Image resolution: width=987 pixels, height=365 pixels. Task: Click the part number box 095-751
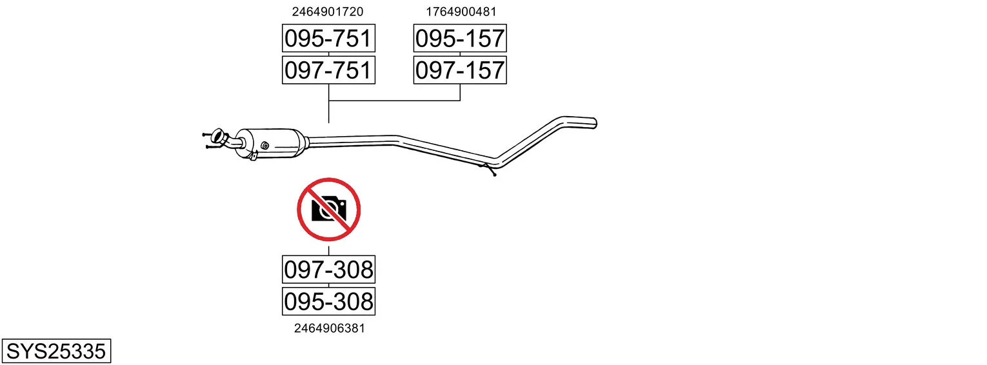point(328,38)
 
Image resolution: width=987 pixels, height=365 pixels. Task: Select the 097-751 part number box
point(328,70)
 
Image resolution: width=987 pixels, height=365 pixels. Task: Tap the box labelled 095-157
point(460,38)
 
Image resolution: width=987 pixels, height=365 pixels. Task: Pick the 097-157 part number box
point(460,70)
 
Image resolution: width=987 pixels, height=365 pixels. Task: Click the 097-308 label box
point(328,270)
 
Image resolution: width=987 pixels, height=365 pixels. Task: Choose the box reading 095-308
point(328,302)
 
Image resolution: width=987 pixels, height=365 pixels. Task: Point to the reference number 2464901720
point(327,12)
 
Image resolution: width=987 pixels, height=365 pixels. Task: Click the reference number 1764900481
point(461,12)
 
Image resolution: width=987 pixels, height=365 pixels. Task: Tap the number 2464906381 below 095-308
point(330,328)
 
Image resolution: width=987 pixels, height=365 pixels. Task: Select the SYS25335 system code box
point(56,351)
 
